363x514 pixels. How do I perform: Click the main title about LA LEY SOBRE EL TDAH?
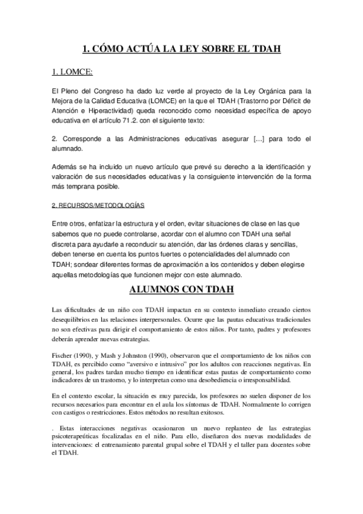pyautogui.click(x=181, y=48)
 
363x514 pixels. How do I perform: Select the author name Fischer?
pyautogui.click(x=63, y=353)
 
